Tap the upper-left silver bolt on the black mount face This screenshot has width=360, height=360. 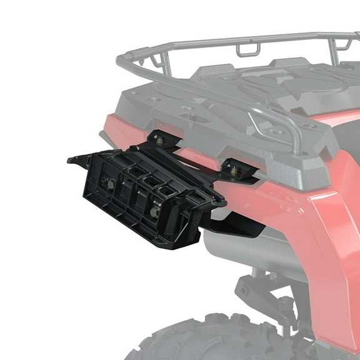[x=109, y=183]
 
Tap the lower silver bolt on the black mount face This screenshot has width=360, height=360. [x=154, y=212]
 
